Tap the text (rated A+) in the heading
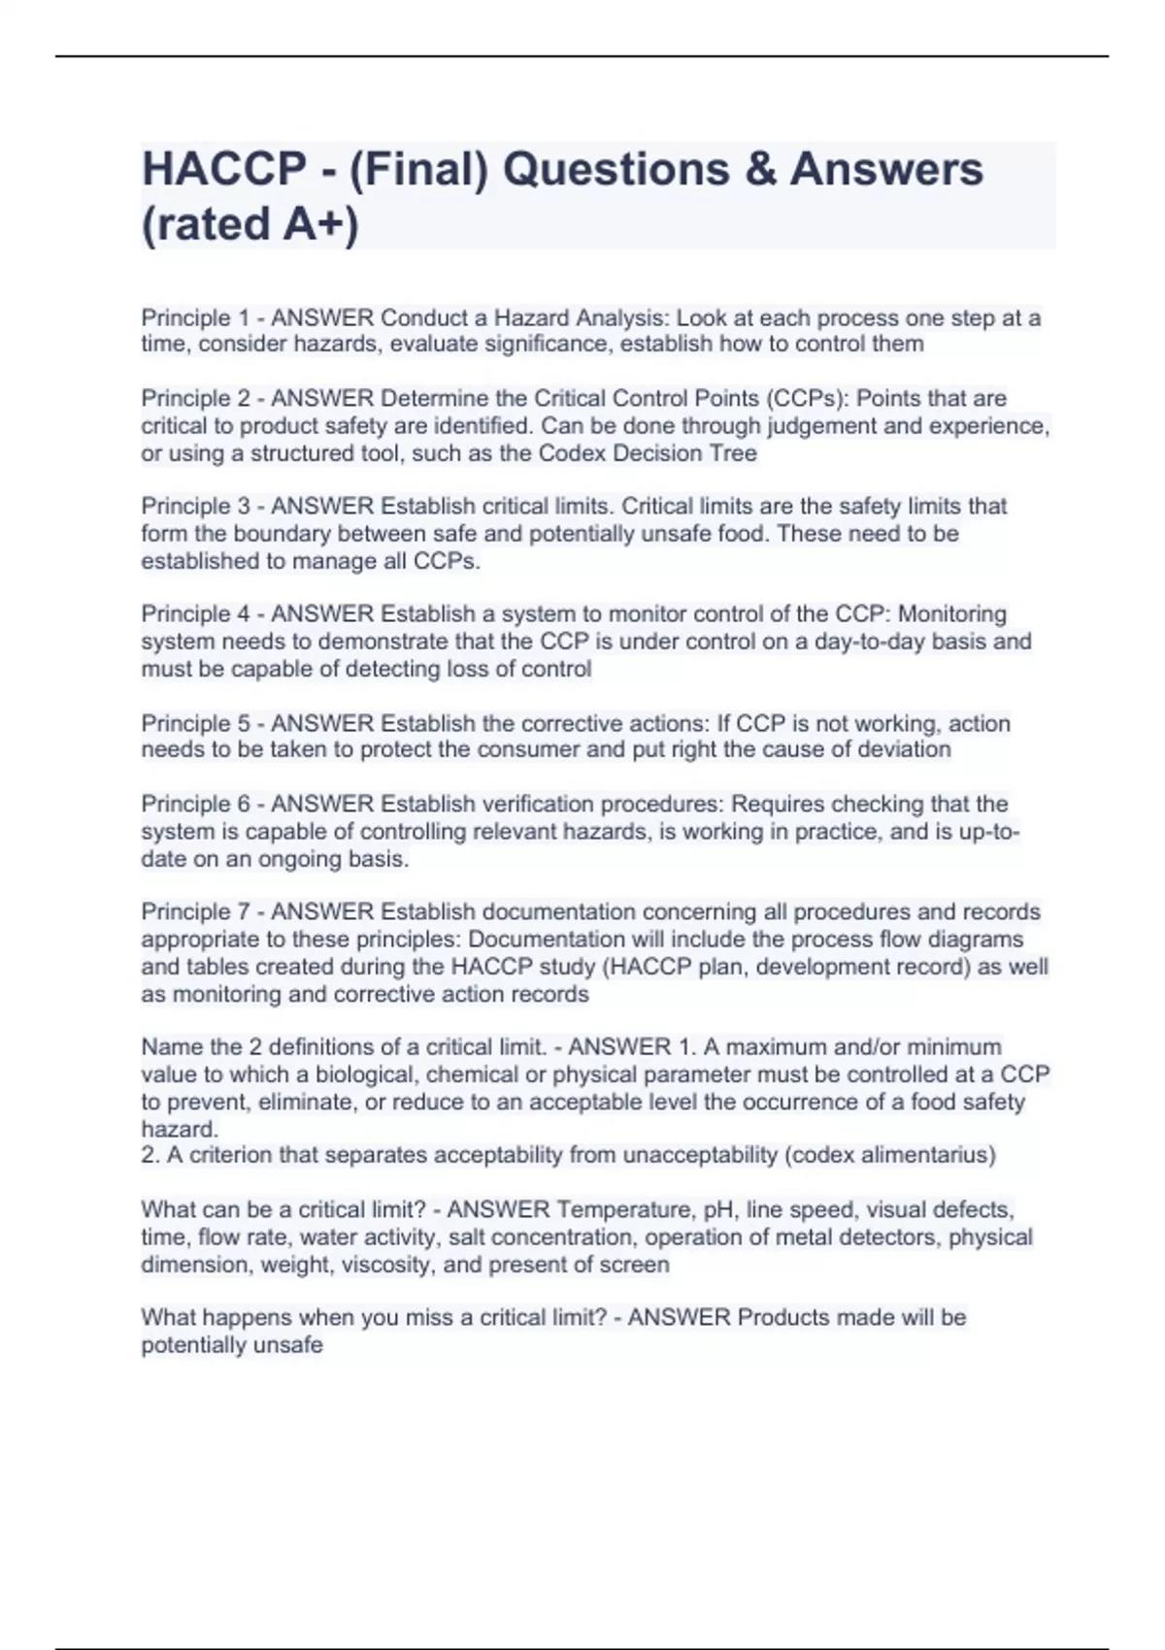(x=250, y=224)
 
